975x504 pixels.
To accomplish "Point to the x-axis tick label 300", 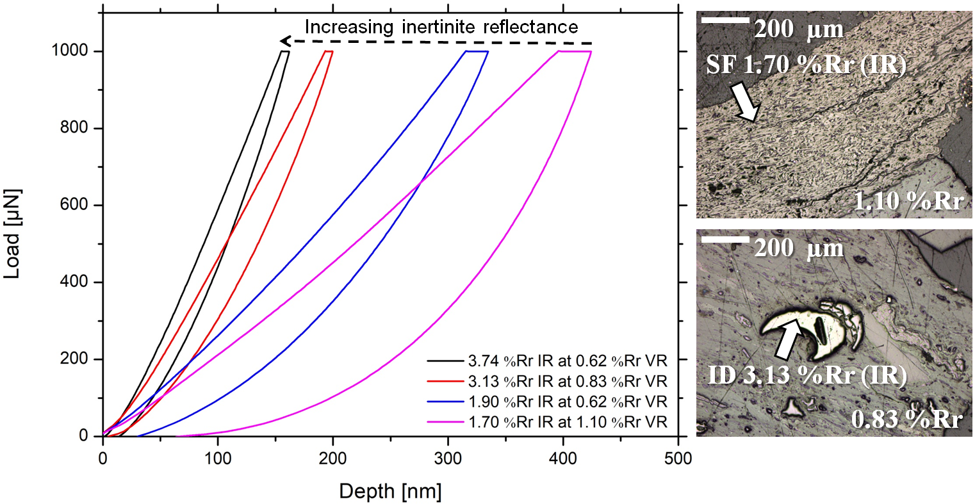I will point(448,459).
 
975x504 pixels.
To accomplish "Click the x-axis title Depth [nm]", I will point(390,491).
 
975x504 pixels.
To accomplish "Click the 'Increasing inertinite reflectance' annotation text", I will point(441,27).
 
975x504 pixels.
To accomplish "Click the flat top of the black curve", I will point(285,51).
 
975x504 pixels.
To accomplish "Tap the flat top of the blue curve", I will point(477,51).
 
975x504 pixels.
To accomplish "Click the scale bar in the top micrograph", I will point(725,21).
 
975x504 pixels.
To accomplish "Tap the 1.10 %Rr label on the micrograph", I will point(908,202).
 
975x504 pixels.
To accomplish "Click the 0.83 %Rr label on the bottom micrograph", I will point(907,419).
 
